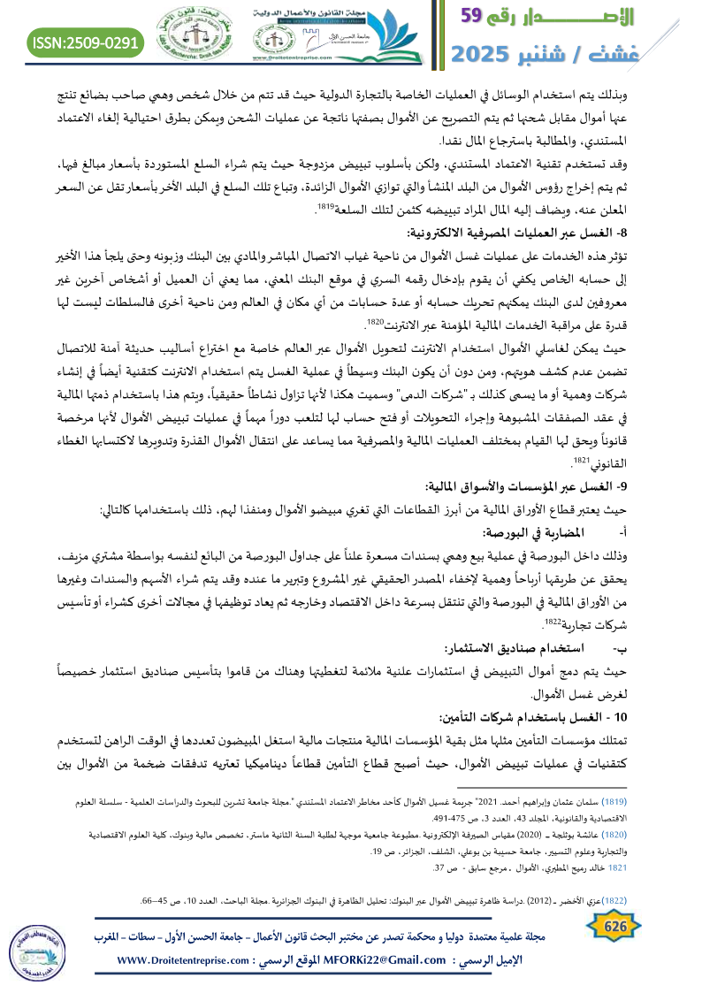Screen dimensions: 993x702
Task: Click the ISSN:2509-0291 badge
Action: click(x=86, y=42)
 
